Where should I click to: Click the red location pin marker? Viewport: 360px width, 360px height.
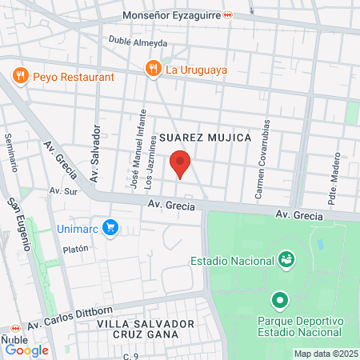[181, 163]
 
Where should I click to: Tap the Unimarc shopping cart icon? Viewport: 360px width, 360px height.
[111, 228]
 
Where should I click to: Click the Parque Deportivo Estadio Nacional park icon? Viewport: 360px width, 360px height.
[279, 302]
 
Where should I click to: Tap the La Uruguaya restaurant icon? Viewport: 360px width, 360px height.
[151, 69]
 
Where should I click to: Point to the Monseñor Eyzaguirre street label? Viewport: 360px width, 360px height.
[172, 15]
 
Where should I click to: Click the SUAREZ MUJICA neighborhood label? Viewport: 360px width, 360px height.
[206, 138]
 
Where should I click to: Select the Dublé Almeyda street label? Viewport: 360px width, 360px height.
[138, 42]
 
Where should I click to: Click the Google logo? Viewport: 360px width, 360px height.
[26, 350]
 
